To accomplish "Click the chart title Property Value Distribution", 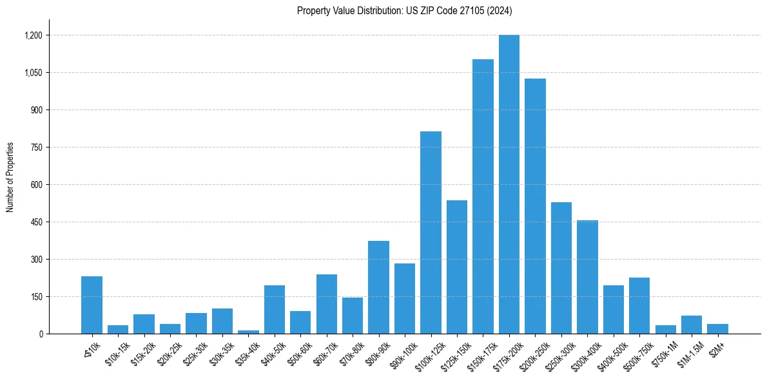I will point(404,11).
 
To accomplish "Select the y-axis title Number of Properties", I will point(10,177).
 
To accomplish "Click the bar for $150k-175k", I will point(483,196).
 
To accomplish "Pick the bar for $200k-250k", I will point(535,206).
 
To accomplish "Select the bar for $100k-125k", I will point(431,233).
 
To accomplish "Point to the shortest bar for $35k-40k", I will point(248,332).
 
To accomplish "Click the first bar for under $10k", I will point(92,305).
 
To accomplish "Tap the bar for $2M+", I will point(717,329).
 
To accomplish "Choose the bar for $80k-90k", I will point(378,287).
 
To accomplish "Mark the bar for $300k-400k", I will point(587,277).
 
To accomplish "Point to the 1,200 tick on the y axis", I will point(33,35).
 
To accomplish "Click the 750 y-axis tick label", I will point(36,147).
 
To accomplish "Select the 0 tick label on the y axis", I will point(40,334).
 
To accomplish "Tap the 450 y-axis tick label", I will point(36,222).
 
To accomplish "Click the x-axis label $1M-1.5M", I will point(689,352).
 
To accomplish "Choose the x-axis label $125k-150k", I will point(455,352).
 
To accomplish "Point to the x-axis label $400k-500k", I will point(612,352).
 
